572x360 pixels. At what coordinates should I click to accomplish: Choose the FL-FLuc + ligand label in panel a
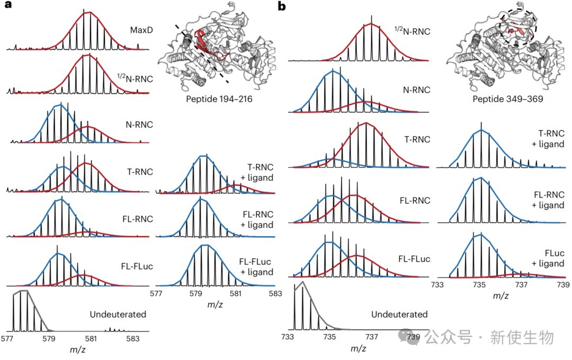pyautogui.click(x=256, y=268)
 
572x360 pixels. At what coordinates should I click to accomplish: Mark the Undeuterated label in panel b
pyautogui.click(x=399, y=314)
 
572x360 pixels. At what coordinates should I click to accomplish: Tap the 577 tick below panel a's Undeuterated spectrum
pyautogui.click(x=7, y=337)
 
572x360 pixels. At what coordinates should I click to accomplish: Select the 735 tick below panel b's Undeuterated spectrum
pyautogui.click(x=329, y=336)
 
